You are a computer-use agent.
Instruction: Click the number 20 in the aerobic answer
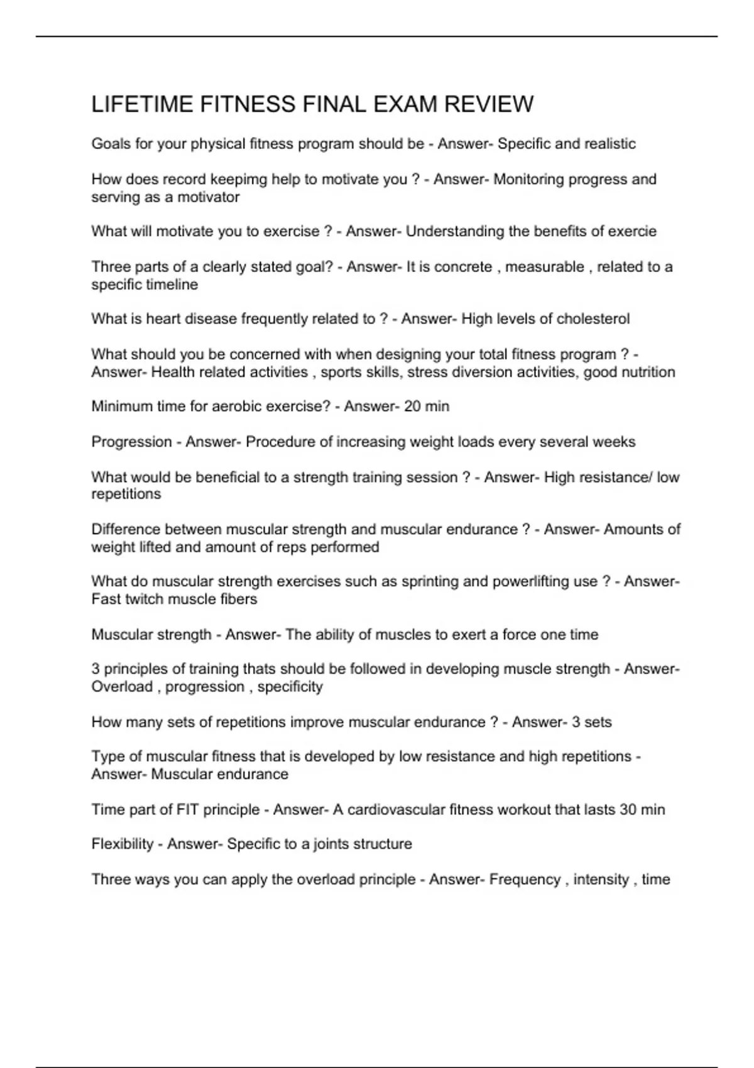pyautogui.click(x=412, y=406)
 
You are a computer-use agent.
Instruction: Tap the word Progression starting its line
pyautogui.click(x=131, y=442)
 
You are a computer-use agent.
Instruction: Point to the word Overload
pyautogui.click(x=122, y=687)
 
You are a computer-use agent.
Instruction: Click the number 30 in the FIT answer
pyautogui.click(x=628, y=810)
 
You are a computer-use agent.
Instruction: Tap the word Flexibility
pyautogui.click(x=122, y=844)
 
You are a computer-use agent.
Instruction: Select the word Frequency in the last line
pyautogui.click(x=525, y=880)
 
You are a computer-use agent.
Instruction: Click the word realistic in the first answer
pyautogui.click(x=609, y=144)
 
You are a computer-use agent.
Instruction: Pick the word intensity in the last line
pyautogui.click(x=601, y=880)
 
